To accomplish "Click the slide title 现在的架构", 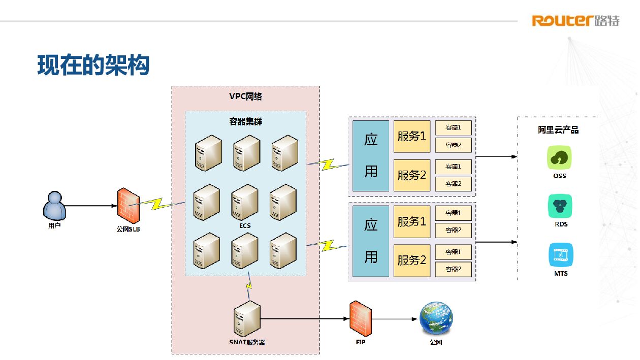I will (93, 66).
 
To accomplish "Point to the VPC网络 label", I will (246, 96).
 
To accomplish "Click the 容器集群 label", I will (246, 121).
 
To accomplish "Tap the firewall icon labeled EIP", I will (361, 318).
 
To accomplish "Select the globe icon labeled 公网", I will (436, 319).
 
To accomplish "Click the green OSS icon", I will (560, 157).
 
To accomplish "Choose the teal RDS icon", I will (560, 206).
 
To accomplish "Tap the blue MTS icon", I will (561, 255).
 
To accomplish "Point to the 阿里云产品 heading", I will (559, 130).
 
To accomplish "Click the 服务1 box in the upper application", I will (411, 136).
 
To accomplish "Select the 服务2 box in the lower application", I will (411, 260).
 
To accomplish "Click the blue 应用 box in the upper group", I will (371, 155).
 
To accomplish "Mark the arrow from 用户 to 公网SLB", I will (90, 206).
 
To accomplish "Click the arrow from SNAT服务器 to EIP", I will (305, 319).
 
